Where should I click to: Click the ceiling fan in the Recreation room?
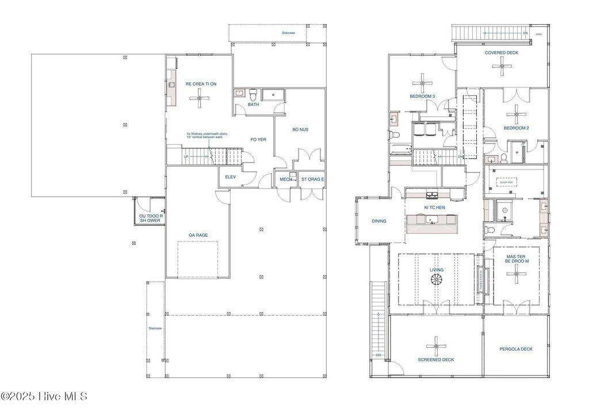point(201,99)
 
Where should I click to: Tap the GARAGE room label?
point(198,235)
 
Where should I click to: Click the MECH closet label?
point(286,179)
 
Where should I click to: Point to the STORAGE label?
point(312,179)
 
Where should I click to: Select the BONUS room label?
point(300,130)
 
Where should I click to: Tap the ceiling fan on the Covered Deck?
point(502,66)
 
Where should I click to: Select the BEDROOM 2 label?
point(516,128)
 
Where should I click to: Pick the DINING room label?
point(378,221)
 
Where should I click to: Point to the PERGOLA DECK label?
point(515,349)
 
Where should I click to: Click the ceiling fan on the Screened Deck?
point(435,347)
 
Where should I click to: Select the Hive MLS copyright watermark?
point(44,396)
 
